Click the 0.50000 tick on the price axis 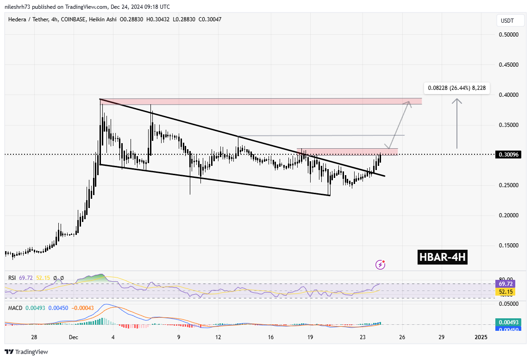click(x=508, y=35)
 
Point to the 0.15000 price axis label click(x=508, y=246)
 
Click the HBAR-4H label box click(x=442, y=258)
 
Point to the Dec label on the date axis click(x=74, y=337)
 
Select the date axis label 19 click(x=311, y=337)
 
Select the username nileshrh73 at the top click(x=21, y=7)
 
